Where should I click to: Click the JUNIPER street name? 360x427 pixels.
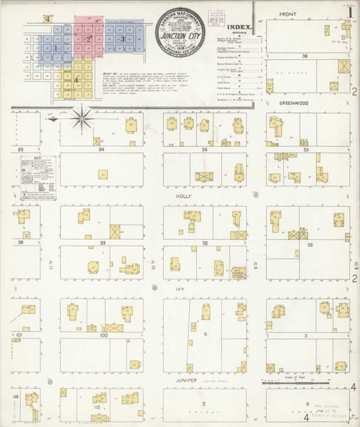click(x=186, y=376)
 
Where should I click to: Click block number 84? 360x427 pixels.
click(x=102, y=149)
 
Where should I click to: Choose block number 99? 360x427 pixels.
click(x=103, y=243)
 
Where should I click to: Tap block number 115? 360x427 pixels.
click(x=96, y=408)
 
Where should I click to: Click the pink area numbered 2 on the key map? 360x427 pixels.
click(x=89, y=38)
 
